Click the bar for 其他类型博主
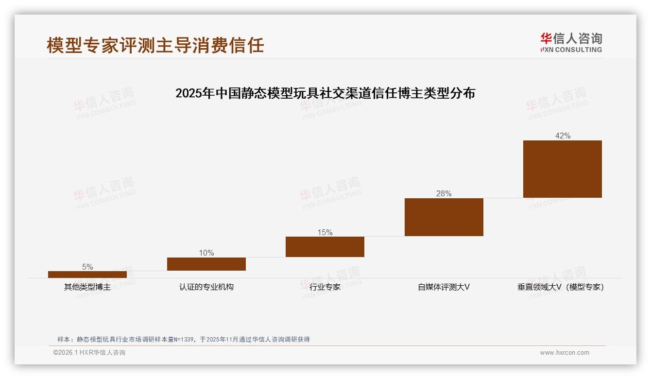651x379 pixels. coord(87,275)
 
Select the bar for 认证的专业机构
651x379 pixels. coord(206,264)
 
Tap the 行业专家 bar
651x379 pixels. coord(325,247)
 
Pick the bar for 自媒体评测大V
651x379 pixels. coord(444,217)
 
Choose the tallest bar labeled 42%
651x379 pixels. coord(563,169)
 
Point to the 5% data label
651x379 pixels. coord(87,267)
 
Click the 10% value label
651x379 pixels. coord(206,253)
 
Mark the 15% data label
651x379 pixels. coord(325,232)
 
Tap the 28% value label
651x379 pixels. coord(444,193)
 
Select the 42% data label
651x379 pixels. coord(563,136)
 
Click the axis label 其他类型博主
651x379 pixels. coord(87,287)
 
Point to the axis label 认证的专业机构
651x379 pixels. coord(206,287)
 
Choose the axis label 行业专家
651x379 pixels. coord(325,287)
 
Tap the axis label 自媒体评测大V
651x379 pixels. coord(444,287)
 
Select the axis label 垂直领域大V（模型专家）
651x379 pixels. coord(561,287)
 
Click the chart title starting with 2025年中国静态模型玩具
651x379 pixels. coord(325,93)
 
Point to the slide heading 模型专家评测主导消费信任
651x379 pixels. coord(155,45)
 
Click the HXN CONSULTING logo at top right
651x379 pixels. coord(571,42)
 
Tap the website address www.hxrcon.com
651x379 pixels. coord(565,353)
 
